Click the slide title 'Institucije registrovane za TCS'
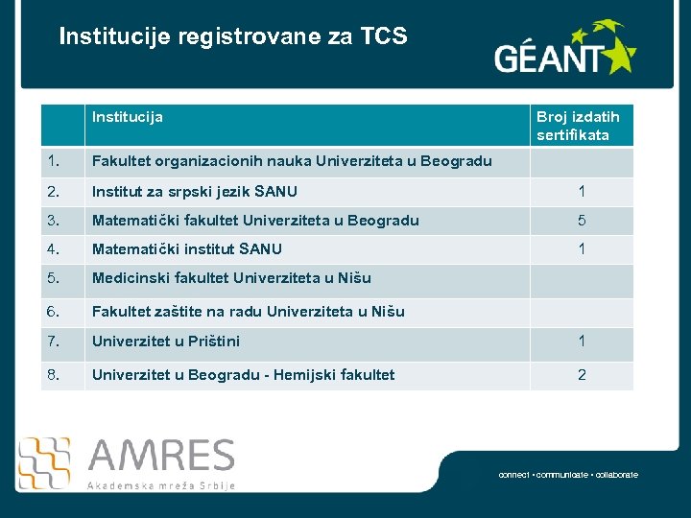[x=232, y=37]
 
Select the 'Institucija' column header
[x=128, y=117]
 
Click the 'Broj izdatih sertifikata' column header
[x=578, y=126]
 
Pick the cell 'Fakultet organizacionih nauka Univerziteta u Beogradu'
[x=292, y=161]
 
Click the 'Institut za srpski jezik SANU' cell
[x=195, y=192]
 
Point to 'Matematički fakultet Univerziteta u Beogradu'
[x=255, y=221]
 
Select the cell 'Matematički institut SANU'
[x=187, y=249]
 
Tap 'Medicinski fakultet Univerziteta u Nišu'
[x=231, y=279]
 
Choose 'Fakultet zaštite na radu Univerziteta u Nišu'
[x=249, y=312]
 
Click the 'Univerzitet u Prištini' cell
[x=166, y=341]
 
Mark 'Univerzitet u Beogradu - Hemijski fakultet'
[x=243, y=375]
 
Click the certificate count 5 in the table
[x=582, y=221]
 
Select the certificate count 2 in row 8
[x=582, y=375]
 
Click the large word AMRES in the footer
[x=160, y=457]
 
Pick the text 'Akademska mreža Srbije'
[x=160, y=485]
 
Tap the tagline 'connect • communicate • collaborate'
[x=568, y=475]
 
